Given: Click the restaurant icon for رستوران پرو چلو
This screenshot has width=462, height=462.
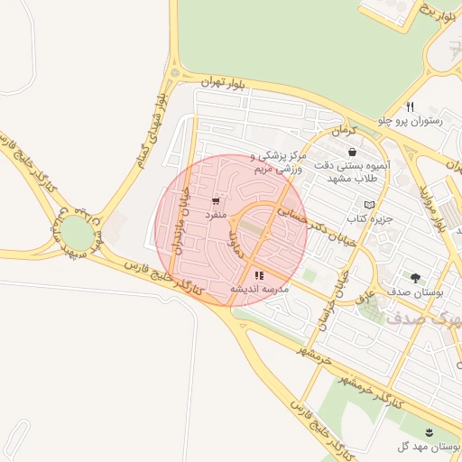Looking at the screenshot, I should pos(411,106).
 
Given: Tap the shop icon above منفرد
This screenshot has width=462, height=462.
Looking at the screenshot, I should pos(215,201).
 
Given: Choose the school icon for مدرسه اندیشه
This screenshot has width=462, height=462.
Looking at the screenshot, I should pos(259,274).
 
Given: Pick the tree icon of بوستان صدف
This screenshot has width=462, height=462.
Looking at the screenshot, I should pos(414,278).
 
